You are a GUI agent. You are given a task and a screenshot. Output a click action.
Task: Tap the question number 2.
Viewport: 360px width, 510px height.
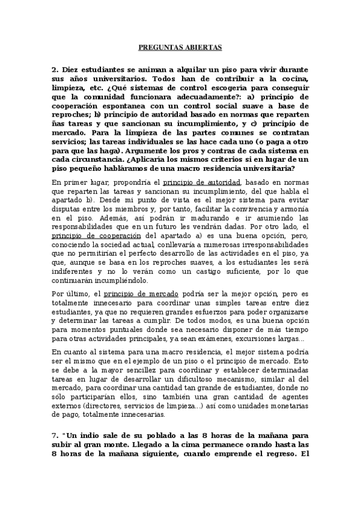coord(54,70)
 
